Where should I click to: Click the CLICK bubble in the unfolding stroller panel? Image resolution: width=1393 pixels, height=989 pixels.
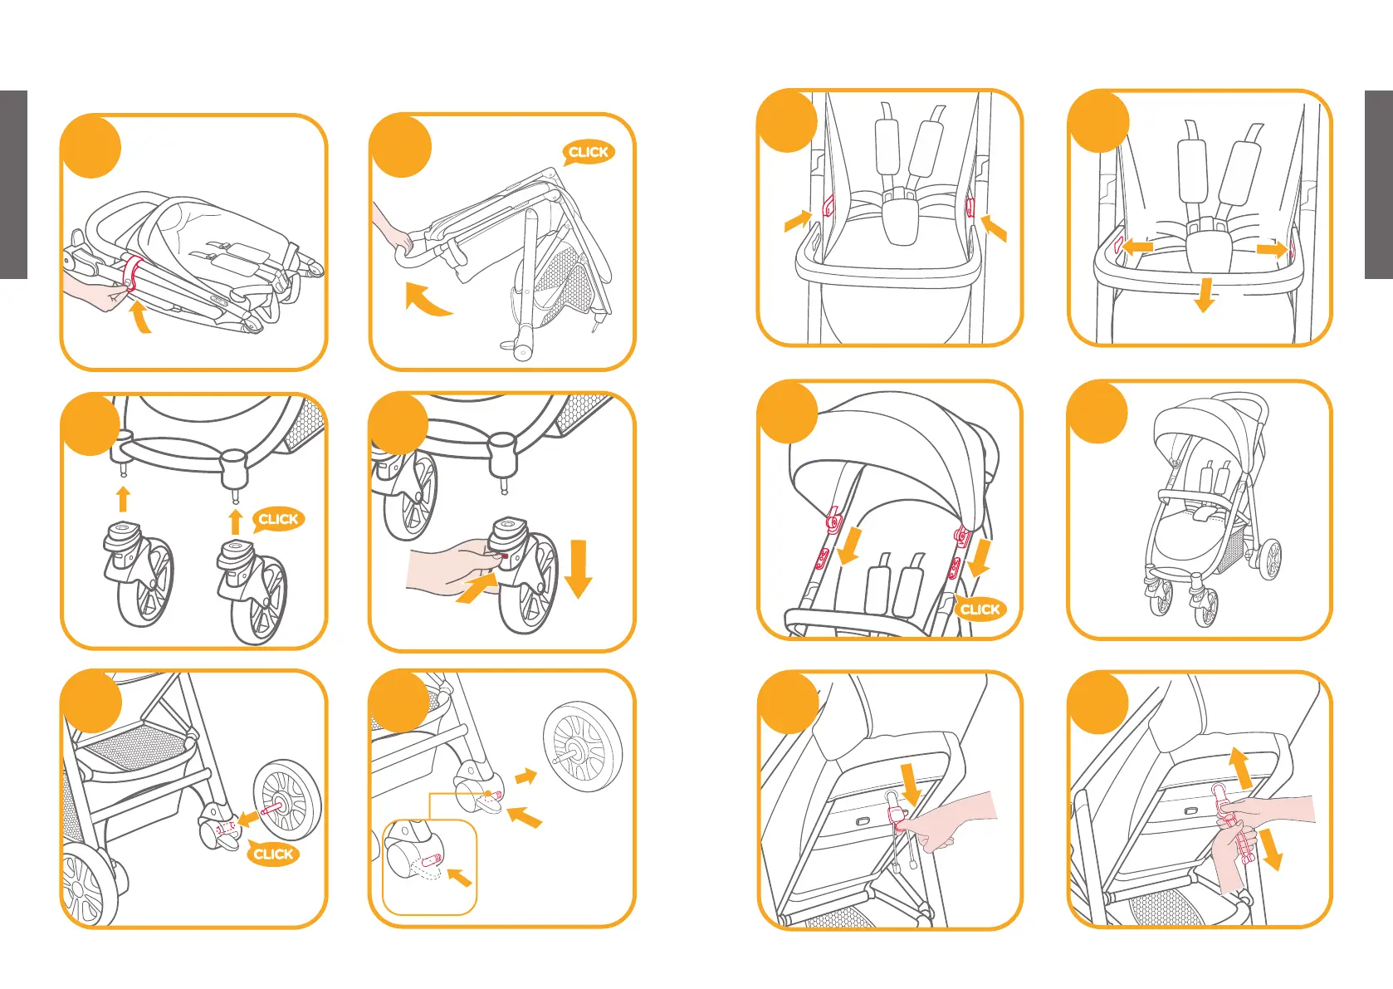coord(589,152)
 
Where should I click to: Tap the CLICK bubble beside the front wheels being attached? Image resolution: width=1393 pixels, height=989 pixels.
coord(278,519)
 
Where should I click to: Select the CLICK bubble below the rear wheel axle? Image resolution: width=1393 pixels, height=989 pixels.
coord(273,854)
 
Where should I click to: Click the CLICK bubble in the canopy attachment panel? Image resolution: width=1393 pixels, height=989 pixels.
coord(980,610)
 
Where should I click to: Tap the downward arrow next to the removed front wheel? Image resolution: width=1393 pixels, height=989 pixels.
coord(578,568)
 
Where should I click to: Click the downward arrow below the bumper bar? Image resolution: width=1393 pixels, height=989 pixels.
coord(1204,295)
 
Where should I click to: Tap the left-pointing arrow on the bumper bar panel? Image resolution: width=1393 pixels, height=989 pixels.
coord(1136,247)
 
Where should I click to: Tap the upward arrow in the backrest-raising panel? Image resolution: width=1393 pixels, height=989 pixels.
coord(1240,767)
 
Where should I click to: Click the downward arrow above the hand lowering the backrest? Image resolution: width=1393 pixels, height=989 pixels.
coord(912,783)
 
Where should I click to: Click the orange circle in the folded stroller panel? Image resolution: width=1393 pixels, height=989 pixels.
coord(91,148)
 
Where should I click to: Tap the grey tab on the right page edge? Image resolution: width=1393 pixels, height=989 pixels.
coord(1378,184)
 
